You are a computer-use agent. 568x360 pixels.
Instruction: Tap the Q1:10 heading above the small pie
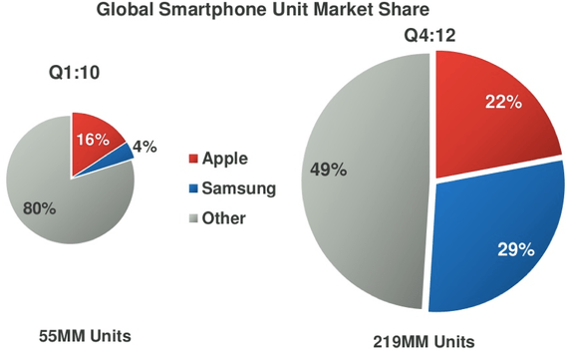coord(72,75)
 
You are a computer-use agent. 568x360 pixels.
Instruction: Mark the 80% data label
coord(40,210)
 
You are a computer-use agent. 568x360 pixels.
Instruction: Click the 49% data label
coord(330,169)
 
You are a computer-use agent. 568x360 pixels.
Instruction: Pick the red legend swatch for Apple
coord(193,159)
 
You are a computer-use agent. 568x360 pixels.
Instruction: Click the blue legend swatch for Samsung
coord(193,188)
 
